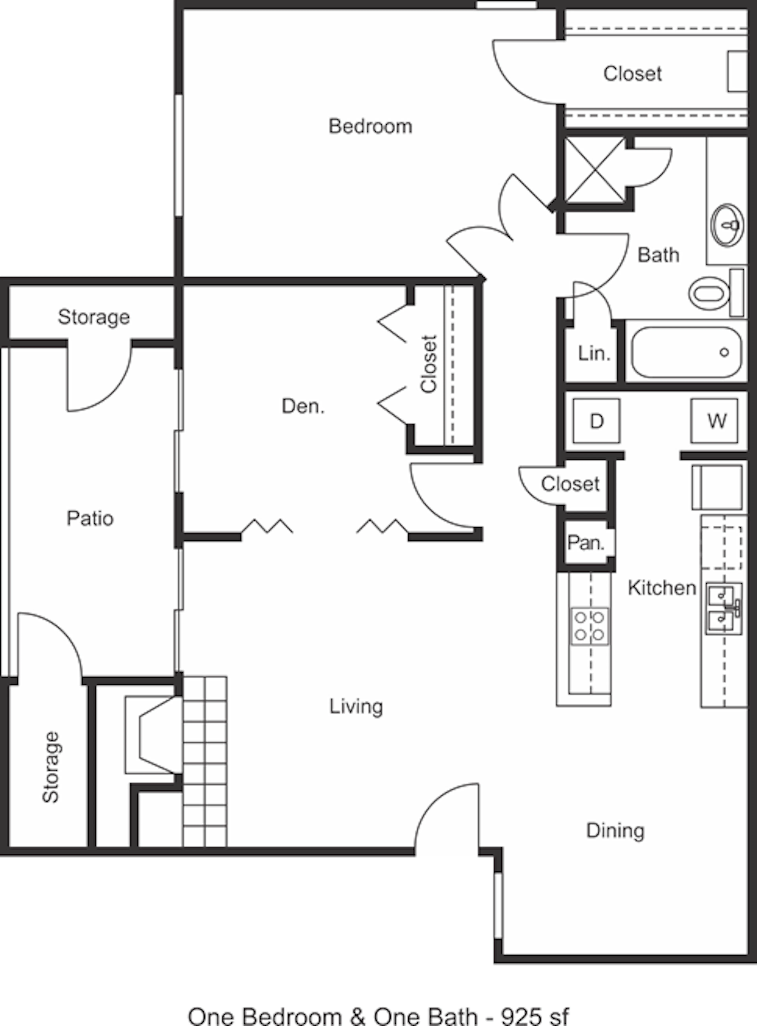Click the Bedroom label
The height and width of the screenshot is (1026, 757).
(x=370, y=126)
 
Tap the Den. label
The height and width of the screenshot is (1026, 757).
(x=303, y=406)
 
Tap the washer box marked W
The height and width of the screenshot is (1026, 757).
(x=714, y=420)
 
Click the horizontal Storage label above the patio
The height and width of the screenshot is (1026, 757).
(x=93, y=317)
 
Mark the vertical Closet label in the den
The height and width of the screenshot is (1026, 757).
(x=429, y=364)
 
